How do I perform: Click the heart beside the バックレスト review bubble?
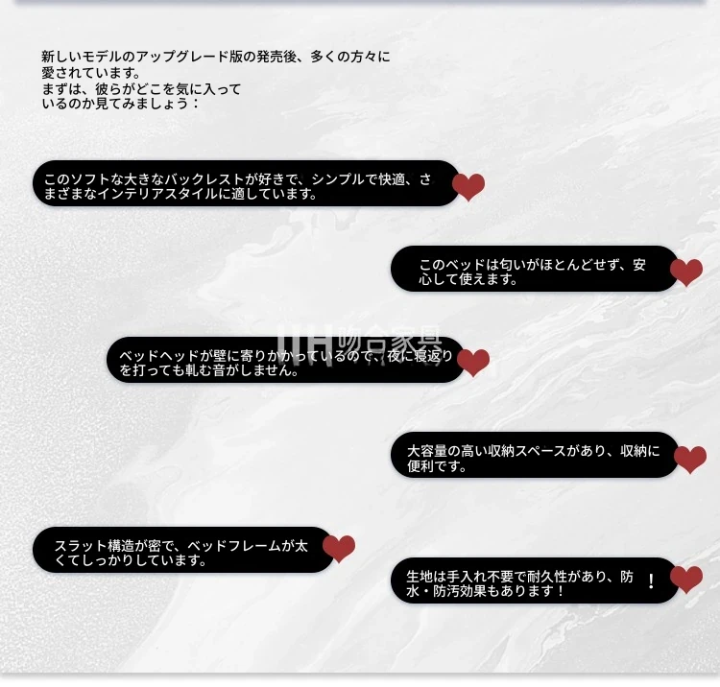468,186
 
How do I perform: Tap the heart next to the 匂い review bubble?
686,272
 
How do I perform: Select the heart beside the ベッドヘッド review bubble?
473,362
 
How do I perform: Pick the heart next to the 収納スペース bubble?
690,459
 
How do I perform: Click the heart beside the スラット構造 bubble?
339,548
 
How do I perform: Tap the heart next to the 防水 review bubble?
686,579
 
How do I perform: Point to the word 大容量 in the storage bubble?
427,451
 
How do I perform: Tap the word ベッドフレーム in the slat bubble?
234,546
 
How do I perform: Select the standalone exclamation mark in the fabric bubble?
651,581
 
